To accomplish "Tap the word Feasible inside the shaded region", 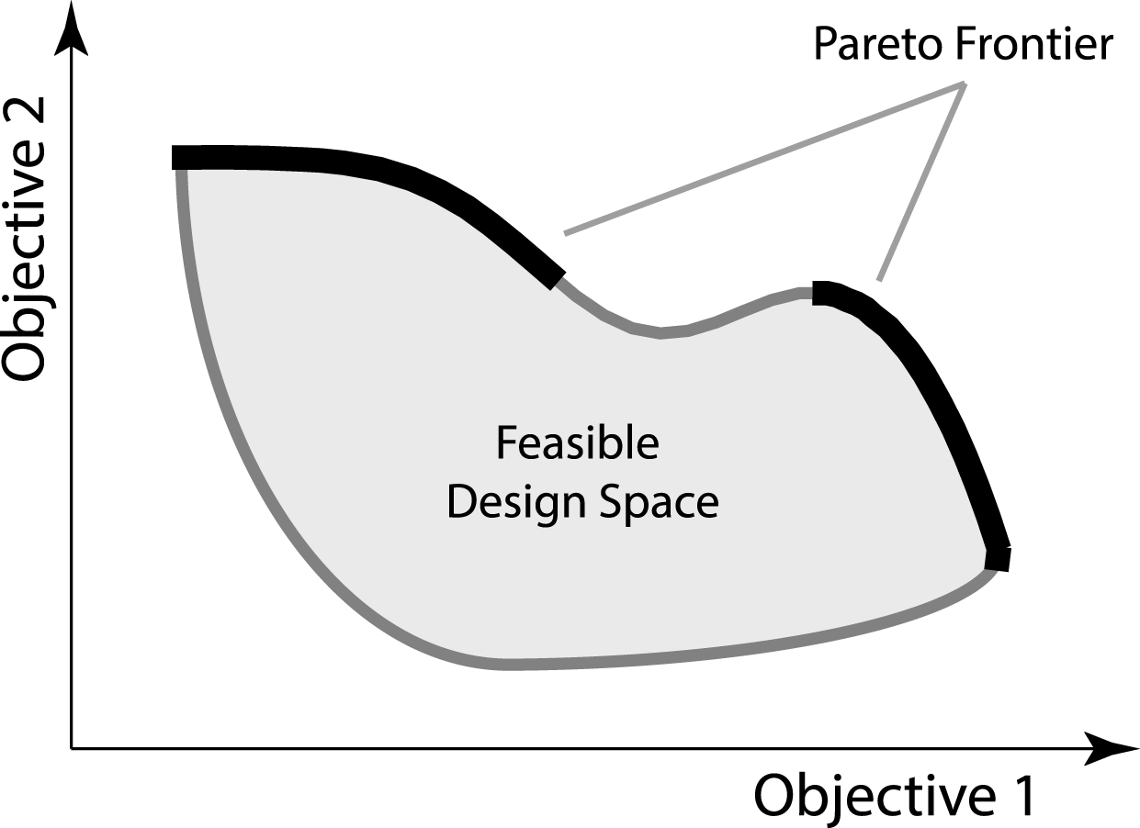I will point(577,445).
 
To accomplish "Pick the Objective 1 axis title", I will point(895,794).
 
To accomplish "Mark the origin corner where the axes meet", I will point(72,748).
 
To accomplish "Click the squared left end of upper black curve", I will point(177,157).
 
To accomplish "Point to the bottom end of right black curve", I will point(998,558).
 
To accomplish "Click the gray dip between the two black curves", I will point(660,332).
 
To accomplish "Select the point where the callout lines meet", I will point(964,84).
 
